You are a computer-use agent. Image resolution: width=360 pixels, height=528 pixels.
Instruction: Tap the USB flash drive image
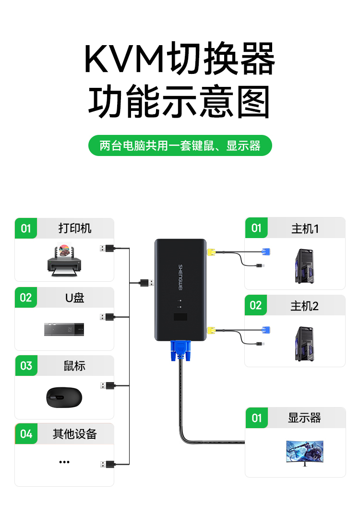[x=64, y=329]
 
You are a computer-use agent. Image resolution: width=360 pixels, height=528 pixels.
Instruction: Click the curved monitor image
[x=304, y=452]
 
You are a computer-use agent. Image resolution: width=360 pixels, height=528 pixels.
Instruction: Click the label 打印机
[x=75, y=228]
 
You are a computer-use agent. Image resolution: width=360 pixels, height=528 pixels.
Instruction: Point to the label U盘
[x=75, y=298]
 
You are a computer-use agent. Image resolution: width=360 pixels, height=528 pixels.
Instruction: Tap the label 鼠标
[x=75, y=366]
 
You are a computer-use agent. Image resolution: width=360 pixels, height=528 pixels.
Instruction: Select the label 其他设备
[x=75, y=434]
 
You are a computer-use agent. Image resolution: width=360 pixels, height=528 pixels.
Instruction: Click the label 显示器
[x=304, y=418]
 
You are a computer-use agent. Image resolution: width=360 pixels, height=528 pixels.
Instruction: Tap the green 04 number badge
[x=26, y=434]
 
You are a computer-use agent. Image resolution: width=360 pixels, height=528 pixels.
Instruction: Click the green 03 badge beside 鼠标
[x=26, y=366]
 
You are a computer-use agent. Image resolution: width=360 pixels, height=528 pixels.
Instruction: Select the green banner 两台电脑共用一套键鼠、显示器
[x=180, y=145]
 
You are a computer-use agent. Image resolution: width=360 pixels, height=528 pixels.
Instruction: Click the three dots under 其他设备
[x=64, y=462]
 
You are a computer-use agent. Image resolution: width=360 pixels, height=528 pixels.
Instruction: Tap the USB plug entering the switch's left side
[x=146, y=283]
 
